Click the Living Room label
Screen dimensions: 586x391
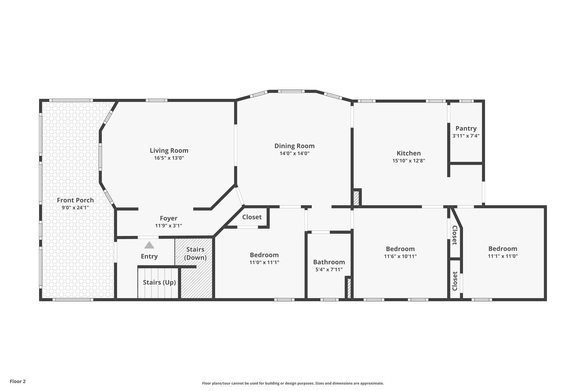point(169,151)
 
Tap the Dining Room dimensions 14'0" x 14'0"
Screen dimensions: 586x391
point(294,154)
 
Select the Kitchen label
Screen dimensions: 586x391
point(409,153)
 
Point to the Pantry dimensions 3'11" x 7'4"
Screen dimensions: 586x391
point(466,136)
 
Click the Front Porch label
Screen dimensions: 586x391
point(75,200)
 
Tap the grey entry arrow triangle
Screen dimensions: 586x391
point(149,245)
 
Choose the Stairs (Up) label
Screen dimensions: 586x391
point(159,282)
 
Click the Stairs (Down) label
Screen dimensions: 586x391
point(195,253)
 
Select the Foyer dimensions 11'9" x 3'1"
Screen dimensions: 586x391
point(169,226)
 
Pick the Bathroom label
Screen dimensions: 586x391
point(329,262)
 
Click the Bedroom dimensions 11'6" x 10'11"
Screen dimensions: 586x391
point(400,256)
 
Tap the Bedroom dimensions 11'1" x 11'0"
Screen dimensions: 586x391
point(503,256)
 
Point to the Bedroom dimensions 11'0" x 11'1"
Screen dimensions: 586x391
point(264,262)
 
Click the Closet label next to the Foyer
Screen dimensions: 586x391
point(252,217)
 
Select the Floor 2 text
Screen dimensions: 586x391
point(18,381)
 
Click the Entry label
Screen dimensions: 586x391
point(149,256)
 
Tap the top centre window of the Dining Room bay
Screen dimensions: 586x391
point(291,91)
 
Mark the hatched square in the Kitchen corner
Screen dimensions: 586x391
point(356,198)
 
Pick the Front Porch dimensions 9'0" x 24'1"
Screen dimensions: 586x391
point(75,208)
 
